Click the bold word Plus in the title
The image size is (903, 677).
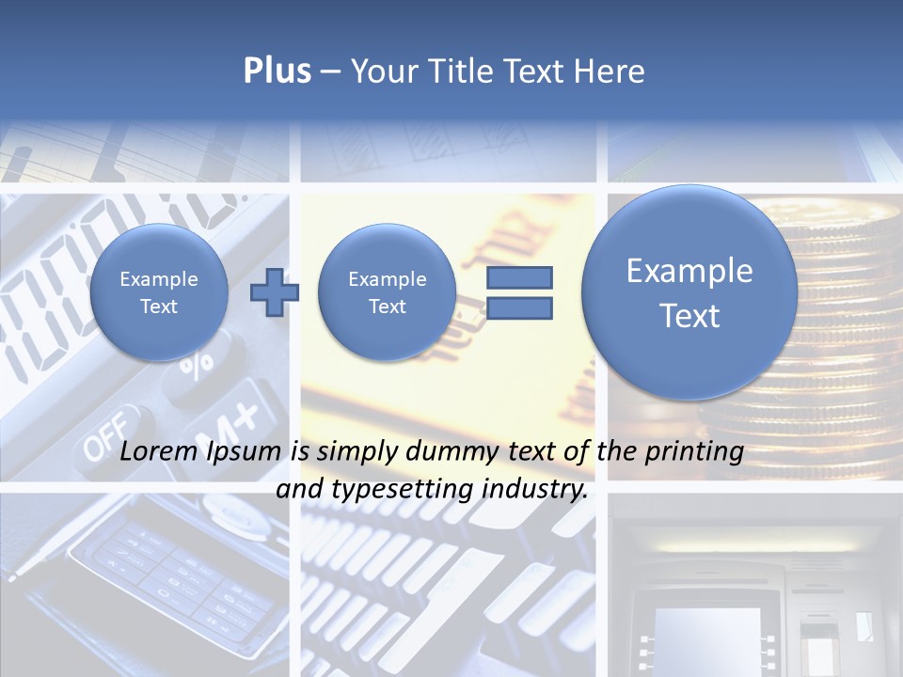coord(277,71)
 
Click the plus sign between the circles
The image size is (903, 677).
coord(274,292)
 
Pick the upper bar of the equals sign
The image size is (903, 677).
coord(518,277)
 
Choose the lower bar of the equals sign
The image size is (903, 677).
coord(518,307)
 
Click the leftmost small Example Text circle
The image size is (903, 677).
coord(158,292)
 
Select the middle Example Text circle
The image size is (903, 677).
coord(387,292)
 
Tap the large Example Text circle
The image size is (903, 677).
coord(689,292)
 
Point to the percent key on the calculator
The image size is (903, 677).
coord(196,362)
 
